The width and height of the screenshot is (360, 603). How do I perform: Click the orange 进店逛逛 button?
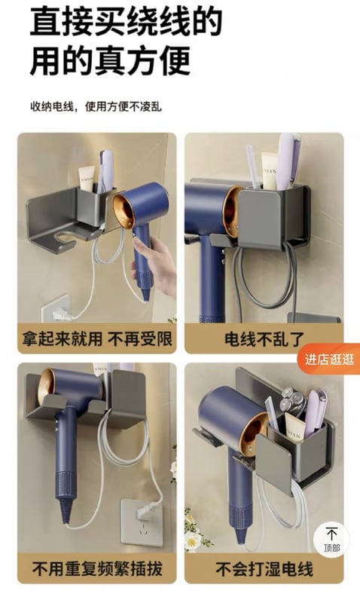[329, 360]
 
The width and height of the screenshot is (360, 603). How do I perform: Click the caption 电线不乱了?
[264, 339]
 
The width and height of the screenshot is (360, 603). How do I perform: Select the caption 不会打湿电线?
[264, 569]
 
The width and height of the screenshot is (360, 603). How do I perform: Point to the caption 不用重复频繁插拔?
[97, 569]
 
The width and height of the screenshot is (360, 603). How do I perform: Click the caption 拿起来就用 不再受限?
[97, 339]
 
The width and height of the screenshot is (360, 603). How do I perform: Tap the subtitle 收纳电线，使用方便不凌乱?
[96, 106]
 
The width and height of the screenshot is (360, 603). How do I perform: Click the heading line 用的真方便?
[110, 61]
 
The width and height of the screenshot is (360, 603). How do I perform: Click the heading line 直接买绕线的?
[126, 21]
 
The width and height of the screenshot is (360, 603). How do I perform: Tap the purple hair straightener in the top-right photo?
[288, 161]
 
